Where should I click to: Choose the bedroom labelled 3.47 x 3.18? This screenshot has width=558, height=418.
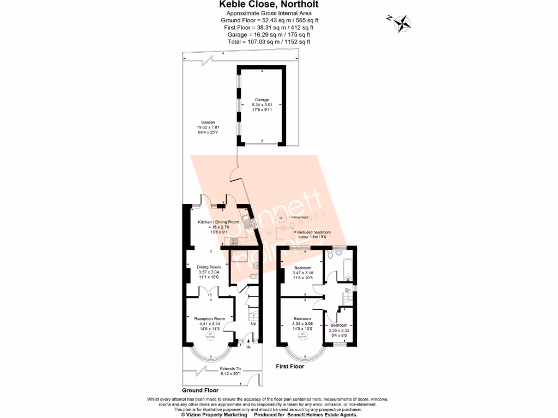[x=302, y=273]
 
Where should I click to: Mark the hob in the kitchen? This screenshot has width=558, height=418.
[x=234, y=242]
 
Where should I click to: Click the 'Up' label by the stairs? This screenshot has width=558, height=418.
[x=253, y=324]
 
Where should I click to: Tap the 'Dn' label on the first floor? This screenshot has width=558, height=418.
[x=348, y=290]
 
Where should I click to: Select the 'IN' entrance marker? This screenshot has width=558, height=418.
[x=248, y=347]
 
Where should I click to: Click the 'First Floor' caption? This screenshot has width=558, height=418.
[x=290, y=366]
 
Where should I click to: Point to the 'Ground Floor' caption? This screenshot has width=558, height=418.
[x=199, y=390]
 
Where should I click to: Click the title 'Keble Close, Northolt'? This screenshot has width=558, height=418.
[x=269, y=5]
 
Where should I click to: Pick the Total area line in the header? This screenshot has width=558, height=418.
[x=269, y=41]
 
